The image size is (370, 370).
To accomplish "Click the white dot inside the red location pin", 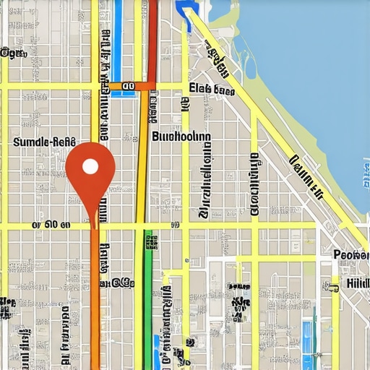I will coord(90,166).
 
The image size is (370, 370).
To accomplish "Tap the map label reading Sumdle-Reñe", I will coord(46,142).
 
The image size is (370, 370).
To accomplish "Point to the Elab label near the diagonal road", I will coord(211,89).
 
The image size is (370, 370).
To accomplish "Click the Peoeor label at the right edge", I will coord(351,254).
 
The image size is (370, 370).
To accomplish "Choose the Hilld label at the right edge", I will coord(357,283).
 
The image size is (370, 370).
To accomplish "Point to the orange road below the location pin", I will coord(95,304).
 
